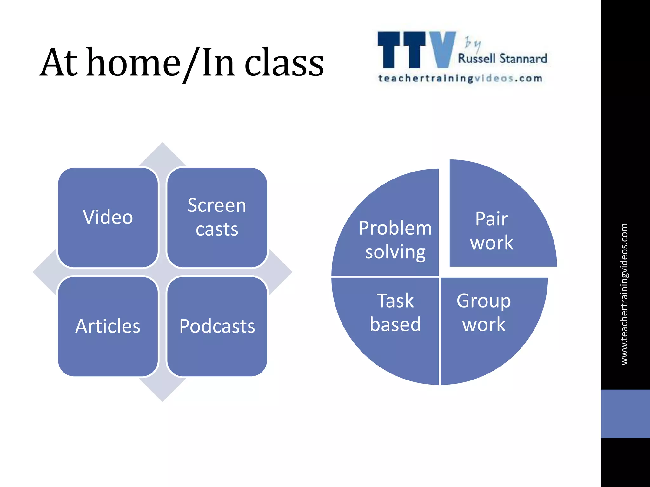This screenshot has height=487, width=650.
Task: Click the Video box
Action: [108, 218]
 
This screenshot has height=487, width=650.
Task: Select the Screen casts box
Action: [217, 218]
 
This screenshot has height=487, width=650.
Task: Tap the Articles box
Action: [108, 326]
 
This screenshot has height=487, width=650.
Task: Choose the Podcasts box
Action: [217, 326]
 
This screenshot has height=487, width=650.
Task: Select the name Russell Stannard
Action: [502, 59]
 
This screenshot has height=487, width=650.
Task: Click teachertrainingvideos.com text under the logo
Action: [460, 78]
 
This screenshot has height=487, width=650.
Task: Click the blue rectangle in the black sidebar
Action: [625, 414]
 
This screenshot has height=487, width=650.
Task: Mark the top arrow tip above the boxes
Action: [162, 152]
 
